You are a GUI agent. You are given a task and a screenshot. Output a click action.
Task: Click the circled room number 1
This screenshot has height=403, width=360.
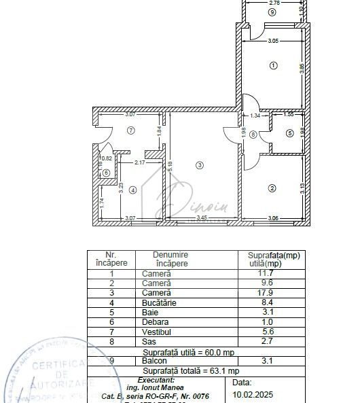(x=273, y=66)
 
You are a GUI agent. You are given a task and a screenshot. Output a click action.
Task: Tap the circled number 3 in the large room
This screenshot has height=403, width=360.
(x=199, y=164)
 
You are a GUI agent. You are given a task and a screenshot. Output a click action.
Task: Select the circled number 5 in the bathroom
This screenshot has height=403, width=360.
(x=289, y=133)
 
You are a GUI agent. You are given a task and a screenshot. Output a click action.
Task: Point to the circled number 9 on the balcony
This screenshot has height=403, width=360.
(x=272, y=12)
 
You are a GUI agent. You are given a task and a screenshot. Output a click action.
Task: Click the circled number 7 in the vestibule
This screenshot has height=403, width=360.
(x=131, y=129)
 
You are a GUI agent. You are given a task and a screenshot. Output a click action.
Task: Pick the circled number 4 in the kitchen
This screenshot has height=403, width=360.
(x=133, y=190)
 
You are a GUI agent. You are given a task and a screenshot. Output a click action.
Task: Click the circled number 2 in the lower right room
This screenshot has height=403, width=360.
(x=272, y=188)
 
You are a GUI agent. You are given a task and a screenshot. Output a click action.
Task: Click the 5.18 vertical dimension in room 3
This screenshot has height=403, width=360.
(x=170, y=163)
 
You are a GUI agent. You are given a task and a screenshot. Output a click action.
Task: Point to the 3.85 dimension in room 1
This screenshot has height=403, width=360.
(x=303, y=68)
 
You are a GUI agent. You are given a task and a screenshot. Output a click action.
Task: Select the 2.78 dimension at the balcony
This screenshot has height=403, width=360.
(x=274, y=3)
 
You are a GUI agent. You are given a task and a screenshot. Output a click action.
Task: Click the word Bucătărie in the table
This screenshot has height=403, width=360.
(x=158, y=302)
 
